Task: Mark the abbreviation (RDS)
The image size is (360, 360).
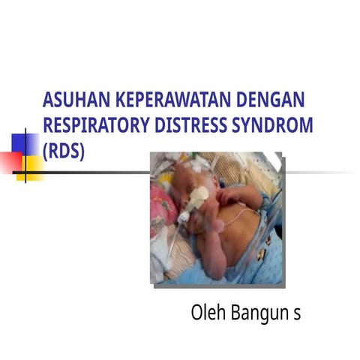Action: (64, 150)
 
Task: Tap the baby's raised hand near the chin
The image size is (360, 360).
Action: (229, 196)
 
